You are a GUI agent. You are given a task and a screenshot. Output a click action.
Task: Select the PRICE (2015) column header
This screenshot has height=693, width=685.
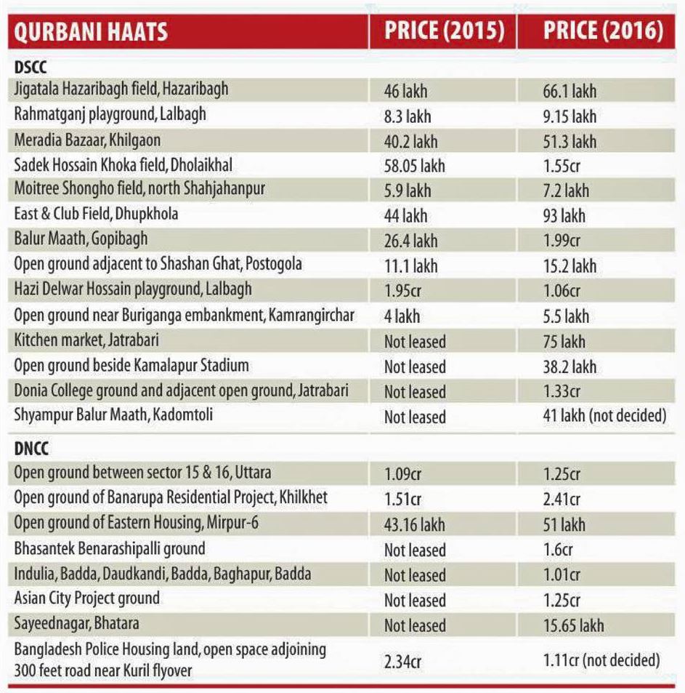click(x=442, y=31)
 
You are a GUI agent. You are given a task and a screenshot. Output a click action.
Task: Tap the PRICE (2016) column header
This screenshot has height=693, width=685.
click(x=603, y=31)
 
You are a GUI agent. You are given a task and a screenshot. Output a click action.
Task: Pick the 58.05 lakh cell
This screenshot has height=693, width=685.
click(x=414, y=166)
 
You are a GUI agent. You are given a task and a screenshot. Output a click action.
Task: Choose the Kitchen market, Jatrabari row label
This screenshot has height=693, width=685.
click(x=86, y=340)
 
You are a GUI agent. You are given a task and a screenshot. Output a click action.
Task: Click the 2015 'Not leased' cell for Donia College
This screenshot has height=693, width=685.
click(x=415, y=391)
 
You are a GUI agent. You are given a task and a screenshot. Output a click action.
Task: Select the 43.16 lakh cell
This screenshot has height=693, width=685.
click(x=414, y=524)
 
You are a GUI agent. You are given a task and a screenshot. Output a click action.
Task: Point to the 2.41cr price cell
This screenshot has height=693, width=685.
click(x=562, y=500)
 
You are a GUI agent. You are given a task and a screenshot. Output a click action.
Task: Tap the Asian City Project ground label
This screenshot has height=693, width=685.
click(x=87, y=599)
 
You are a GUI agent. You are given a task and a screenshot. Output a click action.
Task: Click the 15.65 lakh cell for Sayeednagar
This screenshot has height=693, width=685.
click(x=573, y=625)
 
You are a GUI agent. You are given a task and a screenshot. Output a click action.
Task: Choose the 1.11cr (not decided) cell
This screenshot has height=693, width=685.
click(x=601, y=661)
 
